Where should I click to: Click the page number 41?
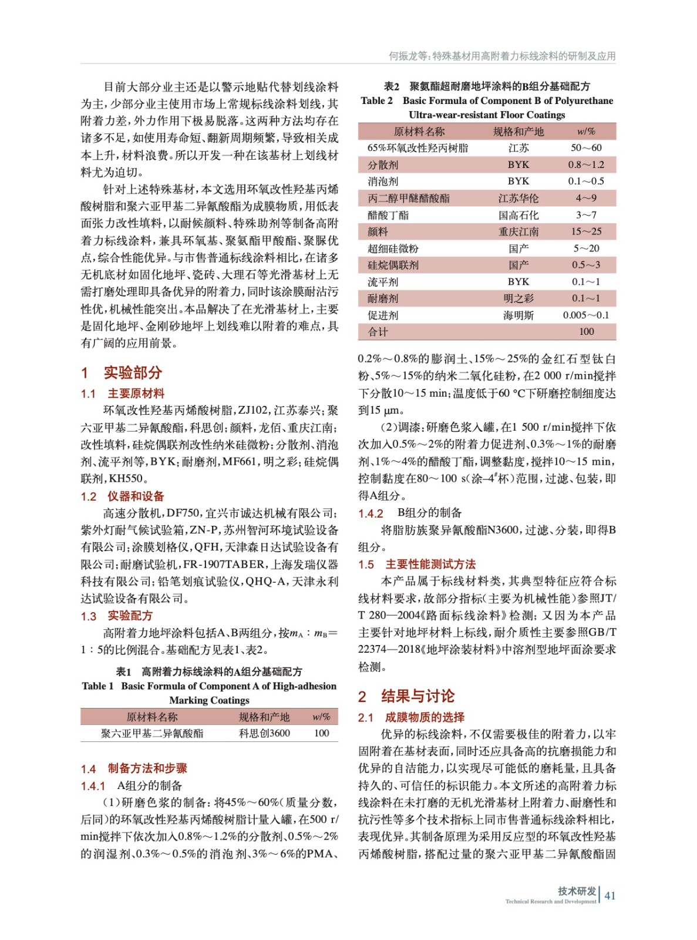click(610, 895)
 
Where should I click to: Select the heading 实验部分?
click(133, 372)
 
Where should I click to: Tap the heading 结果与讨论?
click(417, 696)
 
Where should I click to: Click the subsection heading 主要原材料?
click(136, 394)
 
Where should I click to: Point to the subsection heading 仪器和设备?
click(136, 496)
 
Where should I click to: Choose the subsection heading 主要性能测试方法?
click(430, 565)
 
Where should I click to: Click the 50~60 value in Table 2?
click(586, 148)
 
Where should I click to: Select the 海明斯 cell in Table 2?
click(518, 315)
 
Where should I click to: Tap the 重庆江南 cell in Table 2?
click(518, 232)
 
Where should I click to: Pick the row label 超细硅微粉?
click(393, 249)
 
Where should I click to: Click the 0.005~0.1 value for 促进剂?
click(586, 315)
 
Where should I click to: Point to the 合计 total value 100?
click(586, 332)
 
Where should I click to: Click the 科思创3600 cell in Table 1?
click(264, 733)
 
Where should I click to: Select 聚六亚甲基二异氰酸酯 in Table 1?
click(152, 733)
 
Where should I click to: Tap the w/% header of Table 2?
click(586, 132)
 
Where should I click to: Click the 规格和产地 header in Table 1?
click(264, 717)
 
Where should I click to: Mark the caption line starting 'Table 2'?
click(487, 100)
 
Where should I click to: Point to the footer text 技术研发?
click(577, 891)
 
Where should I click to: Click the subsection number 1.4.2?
click(371, 513)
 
